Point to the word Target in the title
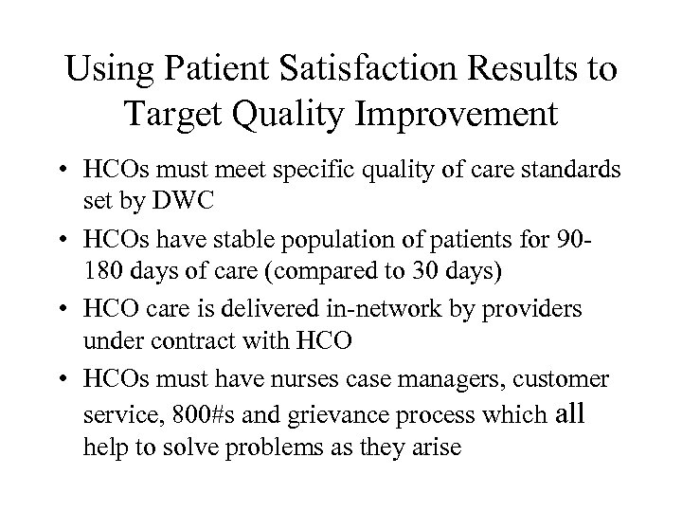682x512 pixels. pyautogui.click(x=174, y=119)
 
